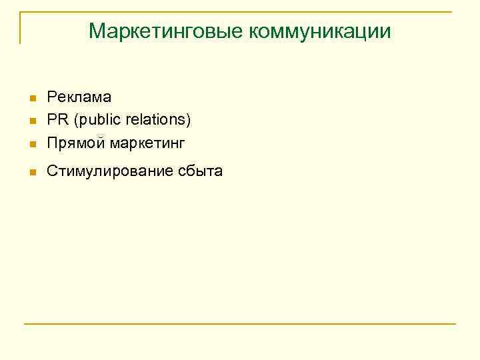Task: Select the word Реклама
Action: [x=79, y=97]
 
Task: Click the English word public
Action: [x=101, y=120]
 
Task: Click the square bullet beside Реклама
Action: [x=31, y=99]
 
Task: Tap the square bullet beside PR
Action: [x=31, y=122]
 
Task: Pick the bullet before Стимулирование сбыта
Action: [x=31, y=173]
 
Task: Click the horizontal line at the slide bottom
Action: [x=240, y=324]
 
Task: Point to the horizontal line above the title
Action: [x=240, y=12]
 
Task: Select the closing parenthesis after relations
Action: [x=189, y=121]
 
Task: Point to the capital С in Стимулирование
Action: [x=52, y=171]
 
